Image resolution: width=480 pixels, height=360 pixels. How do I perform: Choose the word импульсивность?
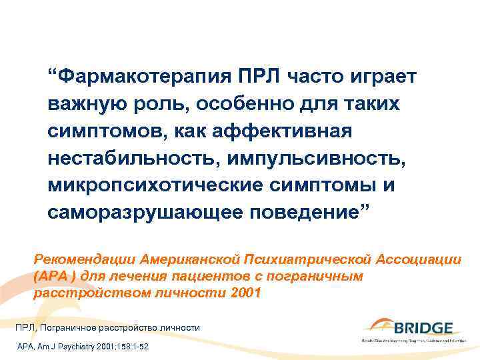(x=310, y=157)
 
